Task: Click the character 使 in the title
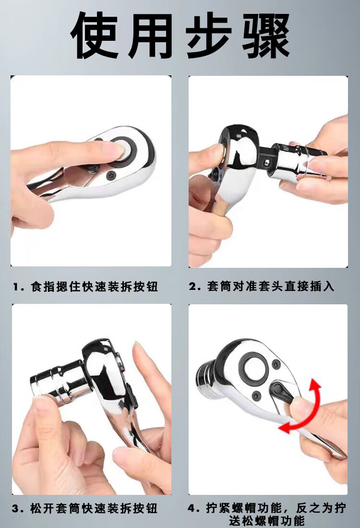tap(95, 36)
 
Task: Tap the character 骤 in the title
tap(265, 36)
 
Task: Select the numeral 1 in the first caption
tap(15, 287)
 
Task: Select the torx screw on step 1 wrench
tap(111, 176)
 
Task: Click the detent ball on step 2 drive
tap(266, 162)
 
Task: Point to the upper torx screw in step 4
tap(276, 364)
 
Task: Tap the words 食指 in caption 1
tap(42, 287)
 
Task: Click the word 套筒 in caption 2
tap(219, 287)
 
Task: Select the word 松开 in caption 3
tap(42, 508)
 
